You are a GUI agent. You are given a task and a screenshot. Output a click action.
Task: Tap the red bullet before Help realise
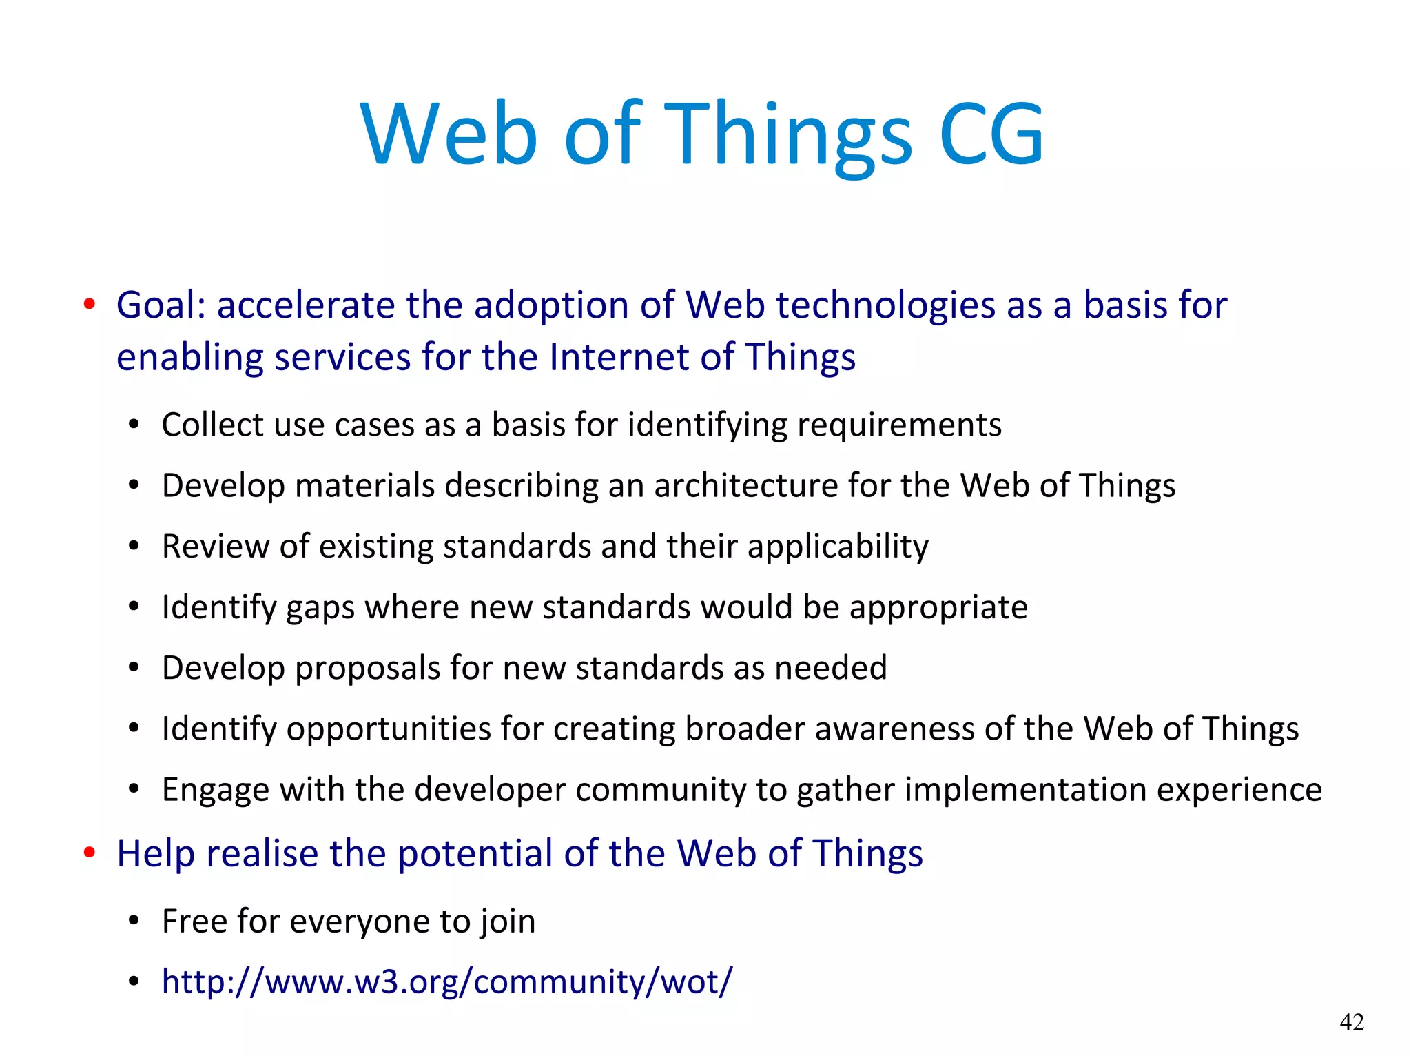click(89, 853)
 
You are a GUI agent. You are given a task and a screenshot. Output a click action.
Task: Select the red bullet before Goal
click(89, 305)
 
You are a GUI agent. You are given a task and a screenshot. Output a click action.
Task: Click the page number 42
click(1352, 1021)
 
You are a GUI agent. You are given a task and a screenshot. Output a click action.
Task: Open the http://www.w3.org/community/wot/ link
click(446, 981)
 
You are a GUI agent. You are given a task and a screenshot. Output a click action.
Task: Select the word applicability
click(837, 547)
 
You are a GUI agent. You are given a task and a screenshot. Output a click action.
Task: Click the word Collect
click(212, 425)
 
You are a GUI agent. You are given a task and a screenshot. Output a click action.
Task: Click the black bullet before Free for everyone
click(134, 922)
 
